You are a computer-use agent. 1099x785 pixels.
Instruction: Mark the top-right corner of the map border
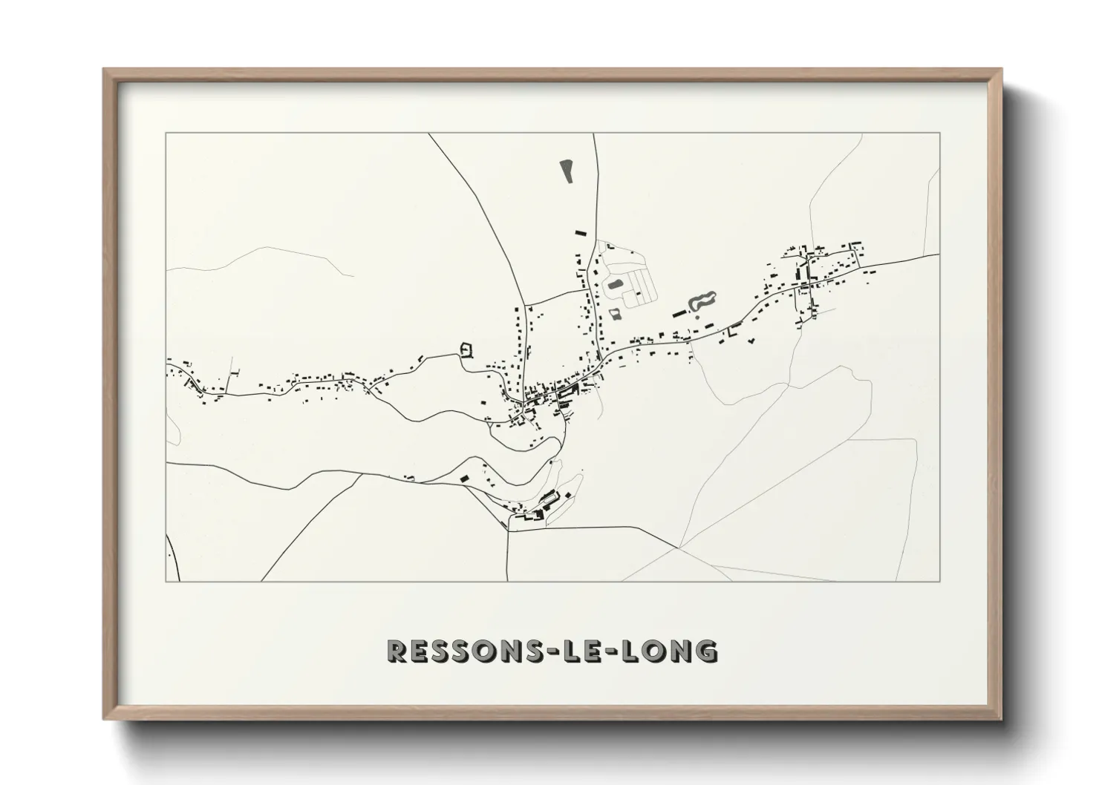(x=940, y=133)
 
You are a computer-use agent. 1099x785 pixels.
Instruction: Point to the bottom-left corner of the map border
(x=166, y=581)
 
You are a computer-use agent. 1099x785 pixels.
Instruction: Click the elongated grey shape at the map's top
(x=567, y=171)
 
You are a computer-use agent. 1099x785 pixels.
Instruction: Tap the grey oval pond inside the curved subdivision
(x=615, y=284)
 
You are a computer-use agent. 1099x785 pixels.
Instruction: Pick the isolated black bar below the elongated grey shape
(x=580, y=232)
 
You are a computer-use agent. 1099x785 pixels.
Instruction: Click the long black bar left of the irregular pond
(x=679, y=313)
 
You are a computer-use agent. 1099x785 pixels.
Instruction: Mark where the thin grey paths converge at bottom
(x=679, y=548)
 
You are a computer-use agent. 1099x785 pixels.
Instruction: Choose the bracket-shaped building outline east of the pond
(x=734, y=330)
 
